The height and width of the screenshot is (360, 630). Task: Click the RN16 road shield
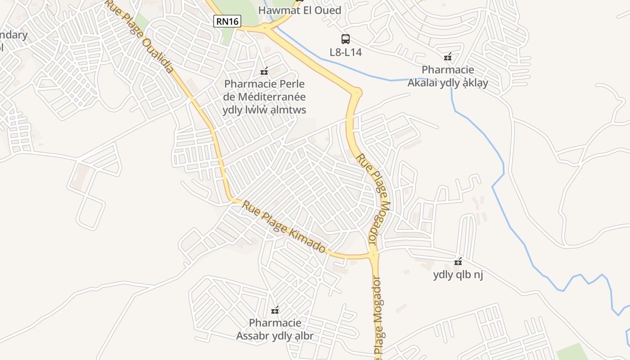[227, 21]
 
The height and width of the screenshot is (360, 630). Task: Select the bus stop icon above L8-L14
[345, 39]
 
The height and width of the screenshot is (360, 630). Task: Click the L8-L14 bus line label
[346, 52]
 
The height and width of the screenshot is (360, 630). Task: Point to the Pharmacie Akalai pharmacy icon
[447, 57]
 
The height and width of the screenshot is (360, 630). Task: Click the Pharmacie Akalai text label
[448, 70]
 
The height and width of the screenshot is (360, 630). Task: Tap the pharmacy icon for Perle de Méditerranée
[264, 71]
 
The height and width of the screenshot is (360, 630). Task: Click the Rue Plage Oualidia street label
[140, 36]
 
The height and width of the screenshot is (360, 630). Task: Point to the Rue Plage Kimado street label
[284, 227]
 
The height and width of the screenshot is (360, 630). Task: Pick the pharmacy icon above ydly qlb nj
[458, 261]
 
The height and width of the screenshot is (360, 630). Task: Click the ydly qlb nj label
[458, 274]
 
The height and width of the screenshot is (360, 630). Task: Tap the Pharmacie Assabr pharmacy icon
[275, 310]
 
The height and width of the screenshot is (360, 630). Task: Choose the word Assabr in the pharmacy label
[253, 336]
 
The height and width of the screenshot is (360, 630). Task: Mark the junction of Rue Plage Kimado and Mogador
[373, 255]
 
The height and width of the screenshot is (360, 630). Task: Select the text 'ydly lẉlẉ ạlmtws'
[264, 110]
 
